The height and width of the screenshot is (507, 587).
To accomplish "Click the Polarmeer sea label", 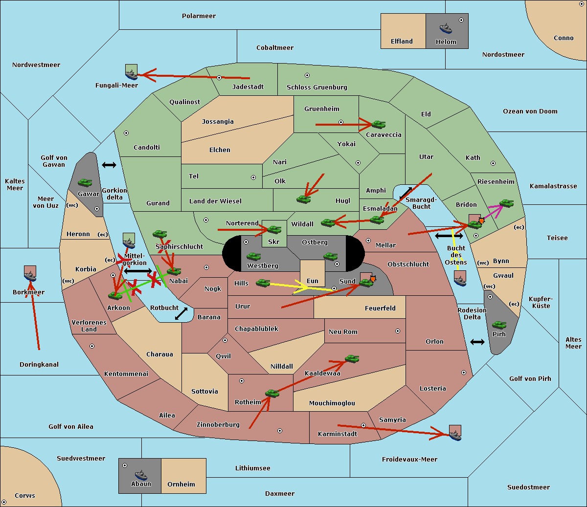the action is pos(199,16).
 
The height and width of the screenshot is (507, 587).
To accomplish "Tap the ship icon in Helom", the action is pos(446,28).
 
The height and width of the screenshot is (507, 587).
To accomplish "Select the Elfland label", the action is pos(402,42).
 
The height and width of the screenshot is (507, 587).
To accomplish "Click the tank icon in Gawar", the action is pos(85,182).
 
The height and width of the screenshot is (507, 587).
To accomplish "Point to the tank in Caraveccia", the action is pos(379,124).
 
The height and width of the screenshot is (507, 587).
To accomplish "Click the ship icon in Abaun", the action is pos(141,475).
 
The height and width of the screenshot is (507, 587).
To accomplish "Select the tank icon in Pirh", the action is pos(499,325).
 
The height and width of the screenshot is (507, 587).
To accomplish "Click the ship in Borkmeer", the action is pos(30,276).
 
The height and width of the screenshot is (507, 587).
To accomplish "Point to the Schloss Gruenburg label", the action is pos(317,87).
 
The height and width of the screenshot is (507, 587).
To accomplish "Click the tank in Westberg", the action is pos(253,256).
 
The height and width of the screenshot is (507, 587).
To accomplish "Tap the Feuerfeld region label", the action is pos(380,308).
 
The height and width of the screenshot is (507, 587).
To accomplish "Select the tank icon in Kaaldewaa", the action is pos(352,359).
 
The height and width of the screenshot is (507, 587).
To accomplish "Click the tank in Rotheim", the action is pos(272,394).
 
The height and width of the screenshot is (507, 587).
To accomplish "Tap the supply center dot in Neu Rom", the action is pos(398,331).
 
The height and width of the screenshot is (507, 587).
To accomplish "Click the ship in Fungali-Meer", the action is pos(132,74).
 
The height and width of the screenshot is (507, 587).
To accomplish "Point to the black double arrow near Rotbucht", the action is pos(181,314).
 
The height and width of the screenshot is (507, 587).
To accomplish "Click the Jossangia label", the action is pos(218,122).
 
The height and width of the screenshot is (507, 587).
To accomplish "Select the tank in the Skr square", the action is pos(274,229).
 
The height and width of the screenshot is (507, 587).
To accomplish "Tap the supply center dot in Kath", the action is pos(493,163).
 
